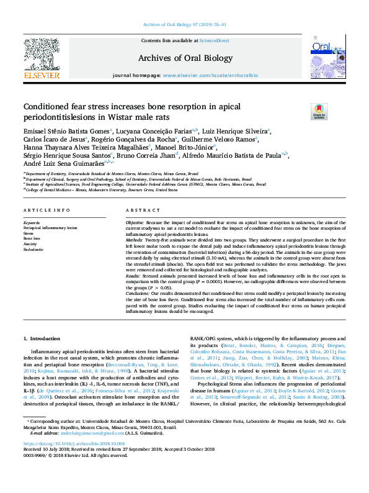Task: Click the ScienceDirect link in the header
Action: (x=215, y=40)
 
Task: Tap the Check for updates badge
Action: (x=319, y=111)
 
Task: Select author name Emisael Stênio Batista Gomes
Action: (x=66, y=131)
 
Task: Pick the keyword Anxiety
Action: (x=31, y=243)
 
